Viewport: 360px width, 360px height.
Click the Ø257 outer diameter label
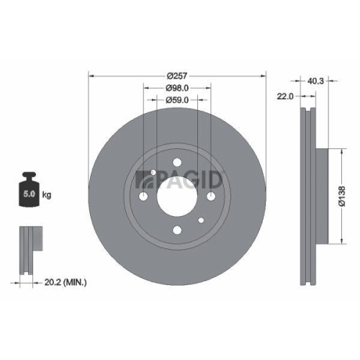pos(176,75)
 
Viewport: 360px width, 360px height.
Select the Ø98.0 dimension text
pos(176,87)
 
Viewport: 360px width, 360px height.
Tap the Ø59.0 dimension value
pos(176,99)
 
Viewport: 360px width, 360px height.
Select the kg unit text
pos(47,195)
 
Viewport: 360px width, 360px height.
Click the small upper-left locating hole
pos(154,172)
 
